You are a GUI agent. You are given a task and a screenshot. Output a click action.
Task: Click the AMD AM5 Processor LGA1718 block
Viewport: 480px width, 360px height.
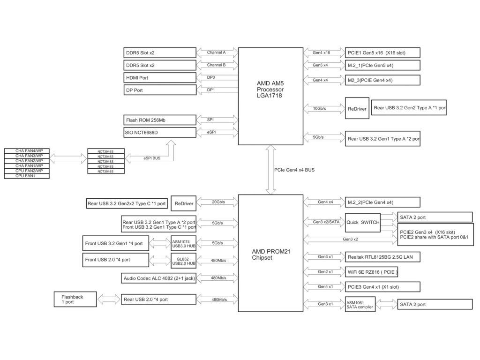[x=270, y=96]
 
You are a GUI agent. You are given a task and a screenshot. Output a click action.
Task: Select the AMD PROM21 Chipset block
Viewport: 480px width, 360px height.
[x=270, y=253]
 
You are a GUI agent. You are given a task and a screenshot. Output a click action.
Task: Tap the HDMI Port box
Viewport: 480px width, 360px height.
[x=160, y=78]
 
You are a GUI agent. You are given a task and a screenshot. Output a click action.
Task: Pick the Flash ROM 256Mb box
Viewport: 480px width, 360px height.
[x=160, y=120]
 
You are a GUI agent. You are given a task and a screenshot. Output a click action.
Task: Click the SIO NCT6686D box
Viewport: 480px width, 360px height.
[x=160, y=133]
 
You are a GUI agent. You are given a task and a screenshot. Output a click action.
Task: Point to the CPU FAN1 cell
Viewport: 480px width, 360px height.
[x=27, y=176]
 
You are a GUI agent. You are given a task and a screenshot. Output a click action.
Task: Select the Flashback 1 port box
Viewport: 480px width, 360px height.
[x=75, y=300]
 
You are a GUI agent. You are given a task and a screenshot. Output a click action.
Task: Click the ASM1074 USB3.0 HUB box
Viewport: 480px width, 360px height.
[x=183, y=244]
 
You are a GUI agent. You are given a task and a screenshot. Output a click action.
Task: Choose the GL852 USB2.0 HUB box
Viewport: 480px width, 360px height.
[x=183, y=261]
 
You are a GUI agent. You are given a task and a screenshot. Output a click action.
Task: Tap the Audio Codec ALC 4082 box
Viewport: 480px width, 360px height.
[x=158, y=278]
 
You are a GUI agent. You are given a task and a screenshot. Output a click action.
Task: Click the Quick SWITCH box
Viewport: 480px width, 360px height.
[x=363, y=223]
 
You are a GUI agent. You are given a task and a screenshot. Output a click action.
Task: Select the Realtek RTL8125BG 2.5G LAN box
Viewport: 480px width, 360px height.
[x=382, y=257]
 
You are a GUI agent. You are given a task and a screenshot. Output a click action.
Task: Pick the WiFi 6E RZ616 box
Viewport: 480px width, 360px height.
[x=371, y=272]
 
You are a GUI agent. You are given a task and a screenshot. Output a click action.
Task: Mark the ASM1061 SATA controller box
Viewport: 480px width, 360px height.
[x=360, y=305]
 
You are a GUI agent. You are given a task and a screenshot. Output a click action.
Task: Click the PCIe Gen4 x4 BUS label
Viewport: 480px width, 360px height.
[x=294, y=170]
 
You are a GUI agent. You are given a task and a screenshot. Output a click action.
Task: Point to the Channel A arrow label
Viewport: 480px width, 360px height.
[x=216, y=52]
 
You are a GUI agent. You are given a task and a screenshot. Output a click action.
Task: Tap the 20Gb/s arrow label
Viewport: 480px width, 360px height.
[x=218, y=202]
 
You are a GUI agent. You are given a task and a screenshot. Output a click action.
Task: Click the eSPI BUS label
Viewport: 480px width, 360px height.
[x=152, y=158]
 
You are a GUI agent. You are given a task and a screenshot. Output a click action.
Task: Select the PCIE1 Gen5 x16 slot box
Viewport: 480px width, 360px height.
[x=382, y=52]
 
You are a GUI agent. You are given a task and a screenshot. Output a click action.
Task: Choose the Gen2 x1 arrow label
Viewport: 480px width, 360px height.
[x=325, y=272]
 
